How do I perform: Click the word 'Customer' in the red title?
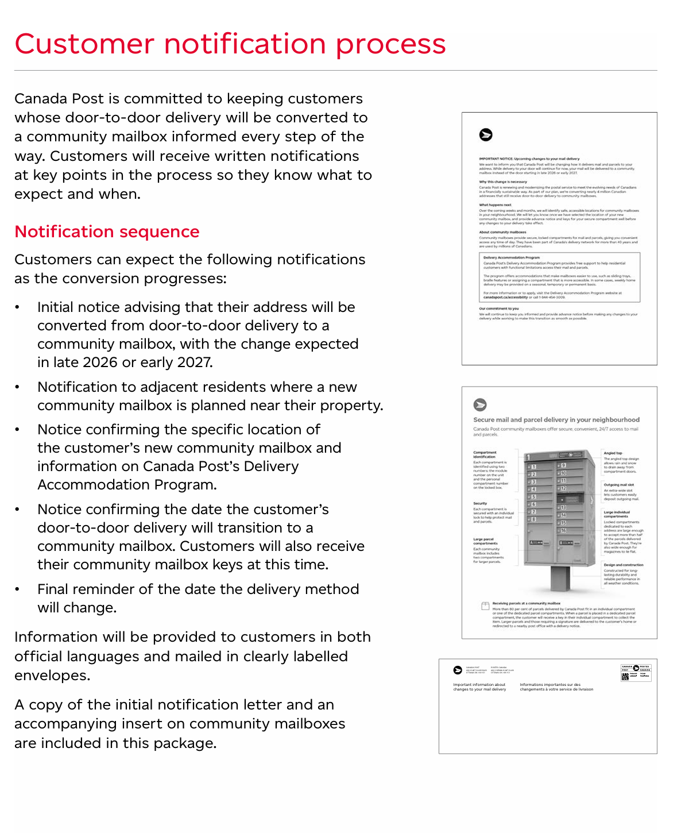(84, 44)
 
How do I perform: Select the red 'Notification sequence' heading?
(107, 232)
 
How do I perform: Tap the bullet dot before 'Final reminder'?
(18, 589)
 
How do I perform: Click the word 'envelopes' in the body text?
(52, 676)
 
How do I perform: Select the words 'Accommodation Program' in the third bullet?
(127, 485)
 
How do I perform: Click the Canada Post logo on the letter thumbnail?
(486, 134)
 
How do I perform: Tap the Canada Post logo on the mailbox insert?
(480, 404)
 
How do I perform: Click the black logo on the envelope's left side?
(458, 670)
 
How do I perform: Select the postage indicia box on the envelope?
(636, 672)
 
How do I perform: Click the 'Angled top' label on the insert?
(613, 453)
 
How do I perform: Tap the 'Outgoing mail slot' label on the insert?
(618, 485)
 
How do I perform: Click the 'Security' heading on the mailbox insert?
(480, 503)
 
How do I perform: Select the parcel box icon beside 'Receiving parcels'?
(485, 606)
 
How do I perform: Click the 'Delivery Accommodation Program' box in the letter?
(560, 277)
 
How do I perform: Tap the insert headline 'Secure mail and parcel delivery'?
(556, 420)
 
